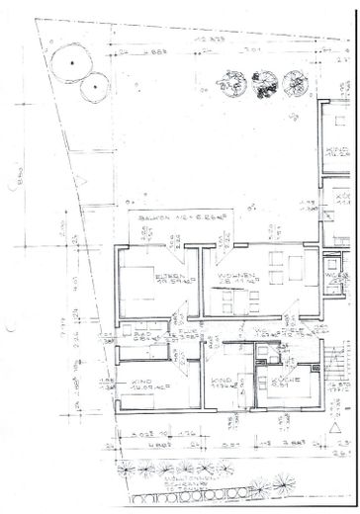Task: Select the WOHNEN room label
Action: point(239,256)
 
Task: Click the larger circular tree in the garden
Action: point(69,63)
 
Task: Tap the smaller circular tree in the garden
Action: point(96,87)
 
